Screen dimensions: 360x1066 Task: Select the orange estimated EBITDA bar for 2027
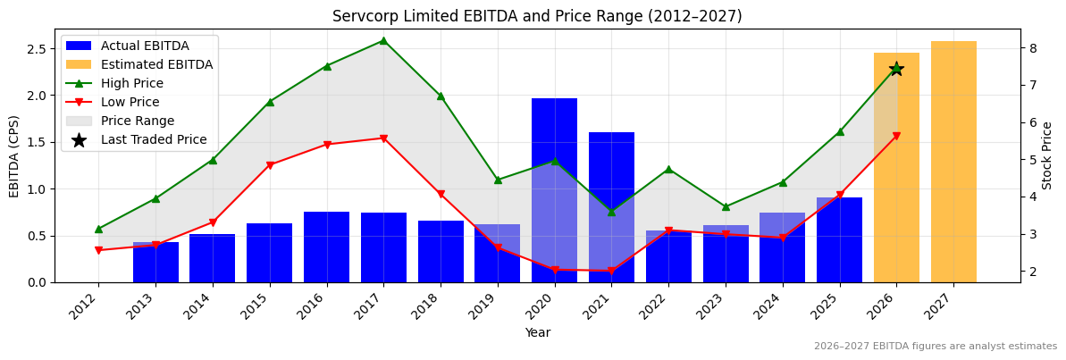pyautogui.click(x=953, y=162)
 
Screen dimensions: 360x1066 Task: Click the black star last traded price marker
pyautogui.click(x=896, y=69)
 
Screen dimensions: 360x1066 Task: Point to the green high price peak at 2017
pyautogui.click(x=383, y=40)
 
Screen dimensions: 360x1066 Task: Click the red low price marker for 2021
pyautogui.click(x=611, y=271)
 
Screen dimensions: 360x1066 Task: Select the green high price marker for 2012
pyautogui.click(x=98, y=229)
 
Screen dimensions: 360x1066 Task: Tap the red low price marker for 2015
pyautogui.click(x=270, y=165)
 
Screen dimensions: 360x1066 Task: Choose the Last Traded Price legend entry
pyautogui.click(x=153, y=139)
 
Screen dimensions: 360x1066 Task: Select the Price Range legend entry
pyautogui.click(x=137, y=121)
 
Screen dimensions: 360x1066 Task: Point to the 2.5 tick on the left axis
pyautogui.click(x=36, y=48)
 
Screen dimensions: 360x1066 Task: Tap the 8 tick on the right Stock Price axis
pyautogui.click(x=1031, y=48)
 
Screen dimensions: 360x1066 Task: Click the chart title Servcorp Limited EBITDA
pyautogui.click(x=537, y=16)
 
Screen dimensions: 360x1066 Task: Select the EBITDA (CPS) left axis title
pyautogui.click(x=14, y=155)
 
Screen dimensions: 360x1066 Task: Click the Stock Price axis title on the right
pyautogui.click(x=1048, y=155)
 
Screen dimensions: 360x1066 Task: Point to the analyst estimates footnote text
pyautogui.click(x=935, y=347)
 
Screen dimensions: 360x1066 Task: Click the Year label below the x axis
pyautogui.click(x=537, y=332)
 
